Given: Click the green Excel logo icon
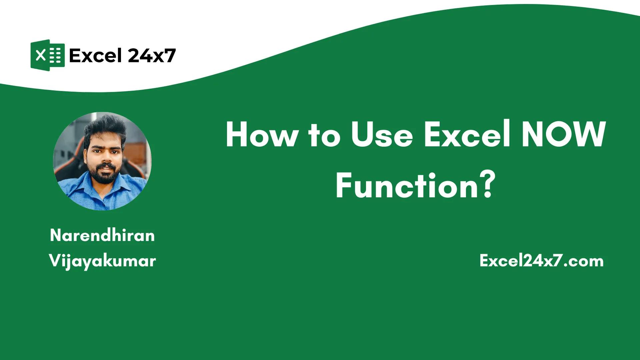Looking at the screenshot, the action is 47,55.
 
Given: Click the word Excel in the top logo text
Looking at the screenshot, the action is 95,55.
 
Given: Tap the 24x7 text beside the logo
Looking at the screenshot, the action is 152,55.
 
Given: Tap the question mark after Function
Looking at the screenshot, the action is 487,185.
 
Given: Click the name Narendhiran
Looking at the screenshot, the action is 102,235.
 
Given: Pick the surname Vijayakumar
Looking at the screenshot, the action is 102,260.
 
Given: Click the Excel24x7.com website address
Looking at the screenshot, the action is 541,261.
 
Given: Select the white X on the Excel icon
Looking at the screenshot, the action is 40,55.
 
